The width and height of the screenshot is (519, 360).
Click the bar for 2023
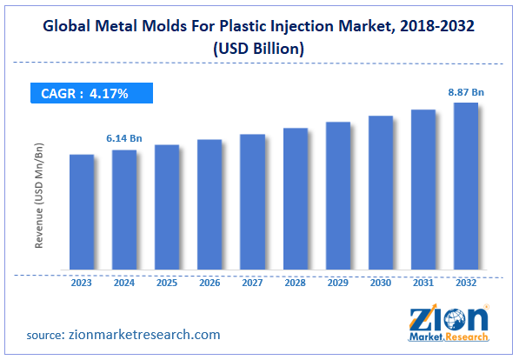tap(82, 212)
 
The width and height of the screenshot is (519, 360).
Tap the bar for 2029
tap(338, 196)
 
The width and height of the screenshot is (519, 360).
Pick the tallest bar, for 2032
tap(466, 186)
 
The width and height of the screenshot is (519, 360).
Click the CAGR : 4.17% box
tap(92, 93)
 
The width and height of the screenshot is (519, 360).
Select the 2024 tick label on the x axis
tap(124, 283)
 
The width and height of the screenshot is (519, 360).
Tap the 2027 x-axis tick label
tap(252, 283)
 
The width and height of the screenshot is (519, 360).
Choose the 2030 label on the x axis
tap(381, 283)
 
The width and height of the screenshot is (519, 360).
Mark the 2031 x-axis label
tap(423, 283)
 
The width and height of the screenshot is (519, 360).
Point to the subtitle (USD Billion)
tap(259, 50)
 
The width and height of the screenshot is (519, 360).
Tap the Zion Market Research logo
tap(446, 324)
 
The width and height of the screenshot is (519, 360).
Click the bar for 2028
tap(296, 199)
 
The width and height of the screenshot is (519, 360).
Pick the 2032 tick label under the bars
tap(466, 283)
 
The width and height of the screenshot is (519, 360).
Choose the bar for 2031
tap(423, 190)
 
